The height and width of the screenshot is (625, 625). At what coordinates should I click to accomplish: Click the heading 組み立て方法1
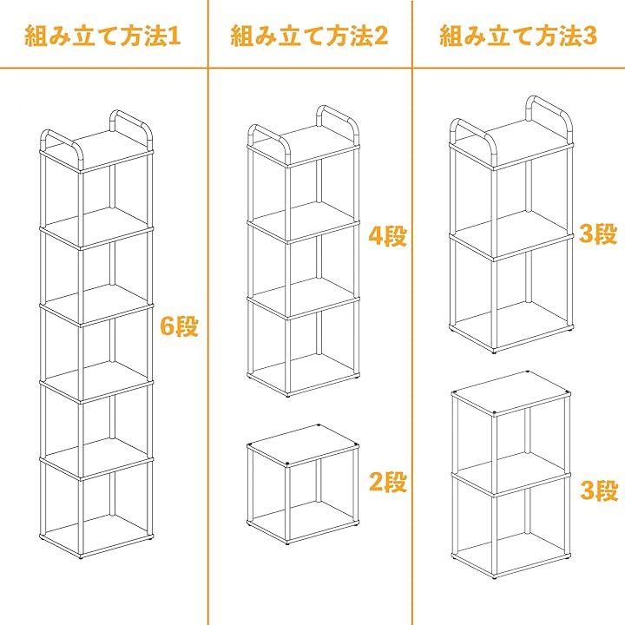click(x=102, y=36)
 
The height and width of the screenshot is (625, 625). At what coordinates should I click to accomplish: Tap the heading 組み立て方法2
click(x=309, y=36)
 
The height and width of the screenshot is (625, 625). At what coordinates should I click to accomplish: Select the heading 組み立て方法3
click(x=518, y=36)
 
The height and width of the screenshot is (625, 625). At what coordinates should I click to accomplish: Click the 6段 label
click(x=179, y=326)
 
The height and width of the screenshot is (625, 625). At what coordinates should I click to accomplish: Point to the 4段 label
click(x=387, y=236)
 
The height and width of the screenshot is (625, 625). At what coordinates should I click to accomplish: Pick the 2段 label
click(x=388, y=482)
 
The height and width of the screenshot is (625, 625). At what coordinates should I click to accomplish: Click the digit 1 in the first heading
click(x=174, y=36)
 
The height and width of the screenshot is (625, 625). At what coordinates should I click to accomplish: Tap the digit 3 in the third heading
click(x=590, y=36)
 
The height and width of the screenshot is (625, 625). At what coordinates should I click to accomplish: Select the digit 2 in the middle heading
click(x=381, y=36)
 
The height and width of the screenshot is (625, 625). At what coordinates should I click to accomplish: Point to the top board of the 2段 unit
click(x=303, y=445)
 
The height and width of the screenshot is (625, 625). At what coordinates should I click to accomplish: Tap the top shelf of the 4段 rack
click(x=304, y=146)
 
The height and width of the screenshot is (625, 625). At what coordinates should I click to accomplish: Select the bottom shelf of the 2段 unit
click(x=303, y=523)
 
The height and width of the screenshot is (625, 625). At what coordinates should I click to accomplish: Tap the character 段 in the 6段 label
click(x=186, y=326)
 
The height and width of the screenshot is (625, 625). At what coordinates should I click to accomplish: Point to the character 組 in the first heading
click(x=36, y=36)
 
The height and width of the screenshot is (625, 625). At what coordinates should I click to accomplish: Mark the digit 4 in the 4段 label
click(x=376, y=236)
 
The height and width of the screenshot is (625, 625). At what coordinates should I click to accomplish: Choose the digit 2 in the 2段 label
click(x=376, y=482)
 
